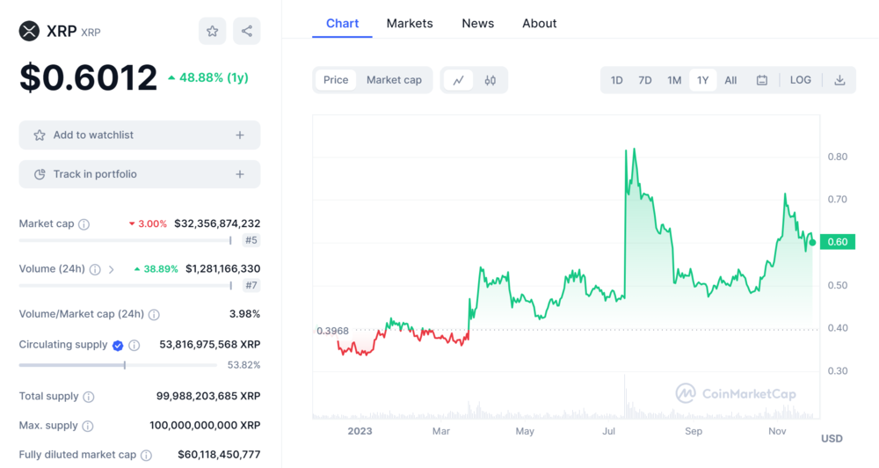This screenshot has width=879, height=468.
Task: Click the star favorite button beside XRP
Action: click(x=212, y=32)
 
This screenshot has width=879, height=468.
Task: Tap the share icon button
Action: click(x=246, y=32)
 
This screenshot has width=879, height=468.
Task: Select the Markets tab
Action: click(x=410, y=24)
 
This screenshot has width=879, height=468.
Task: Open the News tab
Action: click(x=477, y=24)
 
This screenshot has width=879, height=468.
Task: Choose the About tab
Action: click(x=539, y=24)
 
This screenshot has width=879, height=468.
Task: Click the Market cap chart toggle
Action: click(x=394, y=80)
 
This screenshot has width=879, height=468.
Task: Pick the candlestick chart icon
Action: click(x=490, y=80)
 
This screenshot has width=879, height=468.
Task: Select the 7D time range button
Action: click(x=644, y=80)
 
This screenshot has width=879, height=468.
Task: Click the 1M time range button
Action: click(x=674, y=80)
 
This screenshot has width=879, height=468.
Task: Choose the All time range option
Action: click(x=730, y=80)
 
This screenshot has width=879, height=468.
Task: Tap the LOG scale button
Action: click(x=800, y=80)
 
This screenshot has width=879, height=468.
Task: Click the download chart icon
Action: click(x=839, y=80)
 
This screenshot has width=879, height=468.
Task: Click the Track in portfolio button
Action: click(x=140, y=174)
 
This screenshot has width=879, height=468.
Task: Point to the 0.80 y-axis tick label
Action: click(x=837, y=157)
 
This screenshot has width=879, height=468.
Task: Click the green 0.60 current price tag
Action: click(x=838, y=242)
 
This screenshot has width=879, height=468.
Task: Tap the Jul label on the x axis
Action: click(x=608, y=431)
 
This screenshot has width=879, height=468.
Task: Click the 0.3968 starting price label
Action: click(x=332, y=331)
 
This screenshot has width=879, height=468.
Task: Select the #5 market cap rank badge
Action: click(x=251, y=240)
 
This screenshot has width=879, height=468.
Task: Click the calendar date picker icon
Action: click(x=762, y=80)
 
